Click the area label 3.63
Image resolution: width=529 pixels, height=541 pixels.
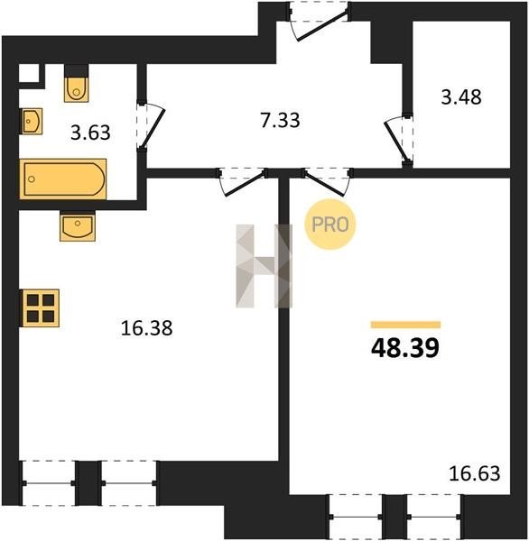coord(90,133)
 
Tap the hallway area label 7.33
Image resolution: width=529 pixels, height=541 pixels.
coord(280,121)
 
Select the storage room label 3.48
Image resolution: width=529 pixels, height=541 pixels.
coord(461,97)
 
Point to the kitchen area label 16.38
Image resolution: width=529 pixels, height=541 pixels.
coord(146,328)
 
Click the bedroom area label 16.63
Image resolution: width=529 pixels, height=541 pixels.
coord(475,473)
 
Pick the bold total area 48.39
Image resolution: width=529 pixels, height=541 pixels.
coord(405,348)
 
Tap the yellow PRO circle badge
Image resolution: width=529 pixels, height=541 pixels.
coord(330,225)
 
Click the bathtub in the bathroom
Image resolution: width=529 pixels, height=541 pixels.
coord(63,179)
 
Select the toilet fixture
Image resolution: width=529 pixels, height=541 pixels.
coord(76,89)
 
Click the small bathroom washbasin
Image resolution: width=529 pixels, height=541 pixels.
coord(32,121)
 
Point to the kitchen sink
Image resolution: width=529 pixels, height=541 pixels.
coord(78,227)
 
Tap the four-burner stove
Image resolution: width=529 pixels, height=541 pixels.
coord(41,307)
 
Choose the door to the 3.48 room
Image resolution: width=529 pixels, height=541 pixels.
coord(398,140)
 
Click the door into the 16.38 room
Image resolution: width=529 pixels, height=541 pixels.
coord(243,183)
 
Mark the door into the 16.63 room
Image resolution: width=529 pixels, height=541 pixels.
coord(327,183)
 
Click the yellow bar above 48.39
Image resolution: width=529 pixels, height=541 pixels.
coord(405,325)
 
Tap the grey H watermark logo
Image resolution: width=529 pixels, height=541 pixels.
coord(264,266)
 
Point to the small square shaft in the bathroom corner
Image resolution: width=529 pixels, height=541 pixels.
coord(28,74)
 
